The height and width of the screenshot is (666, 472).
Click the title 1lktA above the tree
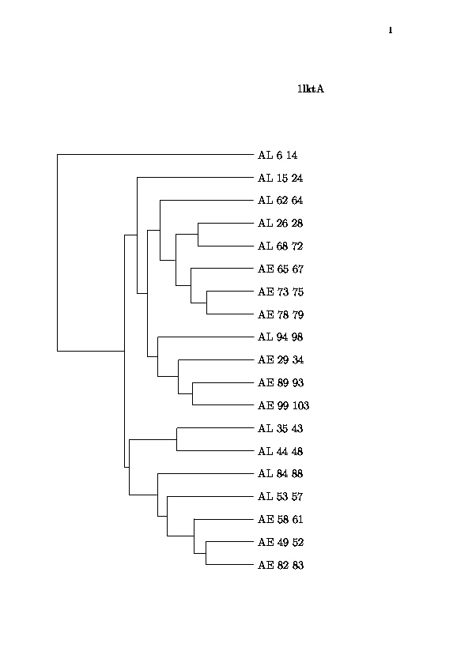coord(311,88)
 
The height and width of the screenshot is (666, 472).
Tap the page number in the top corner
coord(391,30)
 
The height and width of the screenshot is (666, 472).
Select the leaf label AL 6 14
coord(278,155)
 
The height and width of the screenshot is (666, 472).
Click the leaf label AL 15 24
coord(280,178)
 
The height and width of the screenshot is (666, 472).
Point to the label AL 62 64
coord(280,200)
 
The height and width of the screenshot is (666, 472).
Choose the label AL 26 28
coord(280,223)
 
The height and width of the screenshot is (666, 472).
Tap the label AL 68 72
coord(280,246)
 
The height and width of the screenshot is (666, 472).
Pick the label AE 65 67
coord(281,269)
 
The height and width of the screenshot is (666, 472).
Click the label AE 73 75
coord(281,292)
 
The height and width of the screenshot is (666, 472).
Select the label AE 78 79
coord(281,314)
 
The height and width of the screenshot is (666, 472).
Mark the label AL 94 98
coord(280,337)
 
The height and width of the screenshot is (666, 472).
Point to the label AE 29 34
coord(281,359)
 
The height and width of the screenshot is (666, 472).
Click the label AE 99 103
coord(283,405)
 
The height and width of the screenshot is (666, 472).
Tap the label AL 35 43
coord(280,428)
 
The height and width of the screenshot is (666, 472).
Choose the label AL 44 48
coord(280,451)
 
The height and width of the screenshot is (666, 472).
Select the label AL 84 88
coord(280,473)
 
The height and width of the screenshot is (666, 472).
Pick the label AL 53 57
coord(280,496)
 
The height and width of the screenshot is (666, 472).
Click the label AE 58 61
coord(281,520)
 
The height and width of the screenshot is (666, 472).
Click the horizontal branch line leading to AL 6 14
coord(155,155)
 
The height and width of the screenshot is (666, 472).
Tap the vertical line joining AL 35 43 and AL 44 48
coord(177,439)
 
